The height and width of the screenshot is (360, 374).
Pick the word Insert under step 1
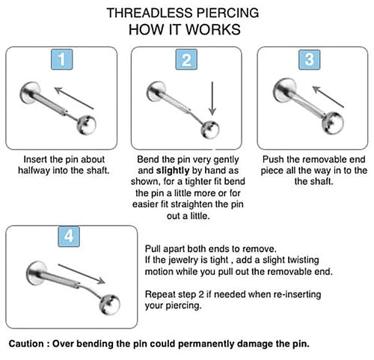pos(40,160)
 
